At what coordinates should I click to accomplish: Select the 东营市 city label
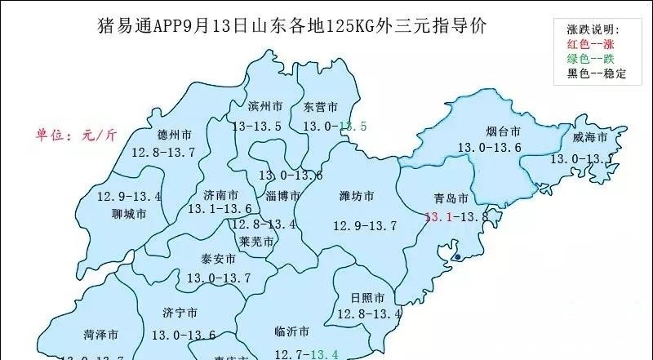point(320,108)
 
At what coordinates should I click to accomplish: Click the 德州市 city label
point(175,136)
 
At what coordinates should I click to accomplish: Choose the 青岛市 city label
point(451,199)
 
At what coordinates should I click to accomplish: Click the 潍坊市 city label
point(357,197)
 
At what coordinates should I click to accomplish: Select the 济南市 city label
point(221,195)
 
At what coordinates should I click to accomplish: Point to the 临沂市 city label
point(291,332)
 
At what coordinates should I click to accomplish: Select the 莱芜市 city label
point(257,242)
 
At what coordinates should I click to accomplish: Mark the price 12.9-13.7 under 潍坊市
point(364,225)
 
